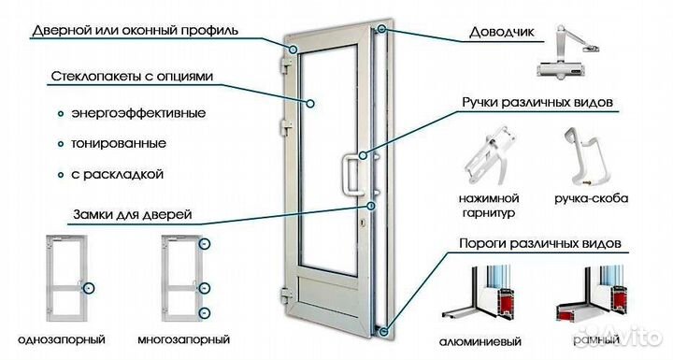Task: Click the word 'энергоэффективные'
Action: click(144, 114)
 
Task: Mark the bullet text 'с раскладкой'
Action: click(124, 174)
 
